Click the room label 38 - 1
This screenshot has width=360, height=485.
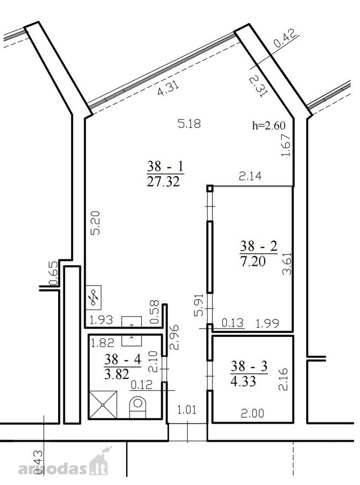click(165, 167)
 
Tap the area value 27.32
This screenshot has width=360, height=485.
click(163, 182)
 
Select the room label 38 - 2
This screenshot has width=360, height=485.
click(259, 246)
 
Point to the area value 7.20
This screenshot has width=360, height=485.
click(253, 261)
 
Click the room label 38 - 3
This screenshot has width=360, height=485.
click(249, 366)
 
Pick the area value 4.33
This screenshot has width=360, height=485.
click(243, 382)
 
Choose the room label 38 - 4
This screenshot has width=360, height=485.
click(122, 359)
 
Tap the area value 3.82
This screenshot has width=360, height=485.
click(116, 374)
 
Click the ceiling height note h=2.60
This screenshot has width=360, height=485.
click(269, 126)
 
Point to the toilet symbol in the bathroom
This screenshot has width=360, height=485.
click(137, 408)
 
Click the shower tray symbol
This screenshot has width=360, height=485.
click(103, 405)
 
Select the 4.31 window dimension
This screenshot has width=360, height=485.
click(168, 88)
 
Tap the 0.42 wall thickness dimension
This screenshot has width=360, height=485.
click(285, 38)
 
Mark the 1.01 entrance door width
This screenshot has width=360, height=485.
click(187, 410)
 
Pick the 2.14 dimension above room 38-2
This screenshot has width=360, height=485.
click(250, 176)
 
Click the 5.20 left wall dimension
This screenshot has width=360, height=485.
click(96, 223)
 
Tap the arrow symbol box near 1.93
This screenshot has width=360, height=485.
click(93, 297)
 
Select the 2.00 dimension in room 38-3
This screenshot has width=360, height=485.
click(252, 413)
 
